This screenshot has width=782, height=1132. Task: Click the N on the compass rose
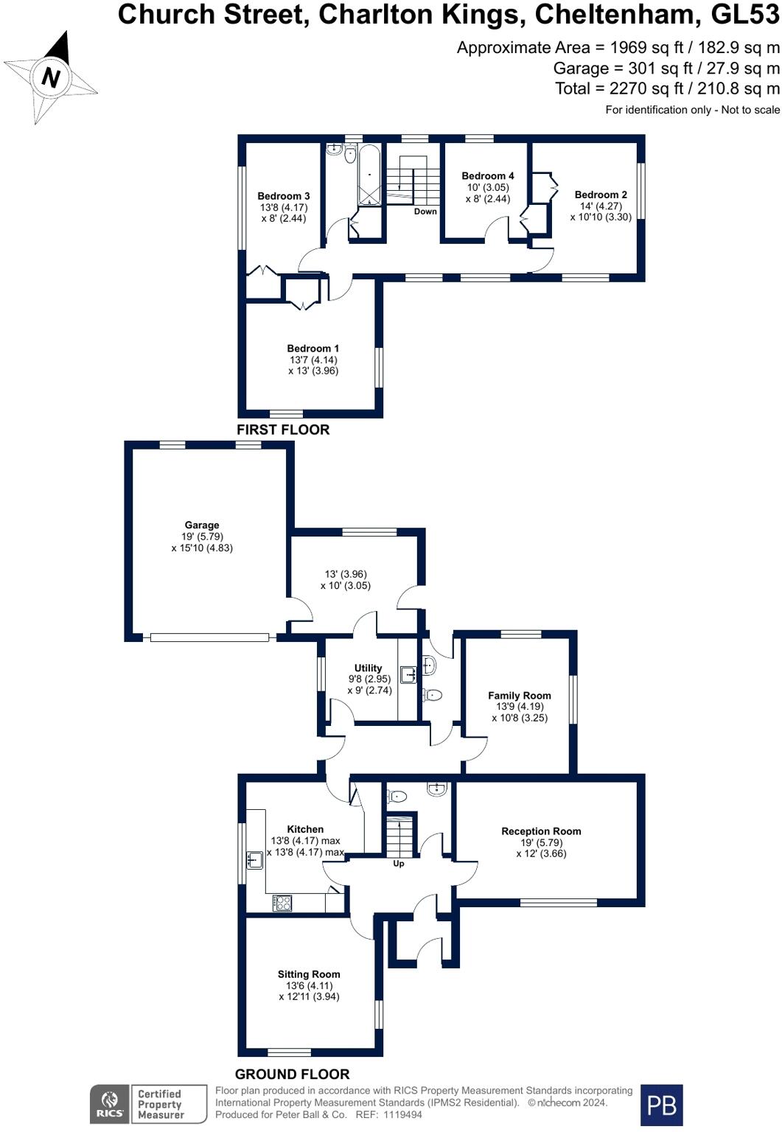[51, 78]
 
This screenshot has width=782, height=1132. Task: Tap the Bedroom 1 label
[313, 348]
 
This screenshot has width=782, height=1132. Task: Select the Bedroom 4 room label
[487, 176]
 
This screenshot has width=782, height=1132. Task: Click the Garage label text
[202, 525]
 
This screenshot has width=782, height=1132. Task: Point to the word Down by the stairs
[425, 212]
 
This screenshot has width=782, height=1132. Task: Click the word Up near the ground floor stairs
[398, 864]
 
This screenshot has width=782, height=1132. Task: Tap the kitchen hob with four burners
[282, 903]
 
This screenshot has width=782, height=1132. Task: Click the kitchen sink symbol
[254, 859]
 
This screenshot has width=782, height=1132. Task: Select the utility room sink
[408, 674]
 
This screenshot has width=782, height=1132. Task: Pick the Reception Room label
[541, 831]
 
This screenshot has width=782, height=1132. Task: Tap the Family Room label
[519, 696]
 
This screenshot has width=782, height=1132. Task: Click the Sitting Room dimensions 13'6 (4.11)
[308, 985]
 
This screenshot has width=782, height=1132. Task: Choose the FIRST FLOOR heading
[283, 430]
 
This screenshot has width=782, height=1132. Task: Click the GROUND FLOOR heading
[292, 1074]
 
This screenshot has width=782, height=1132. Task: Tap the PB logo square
[661, 1105]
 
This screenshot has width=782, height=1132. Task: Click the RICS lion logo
[109, 1104]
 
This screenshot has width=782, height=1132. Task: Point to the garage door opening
[209, 637]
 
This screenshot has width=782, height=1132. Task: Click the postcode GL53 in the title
[745, 15]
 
